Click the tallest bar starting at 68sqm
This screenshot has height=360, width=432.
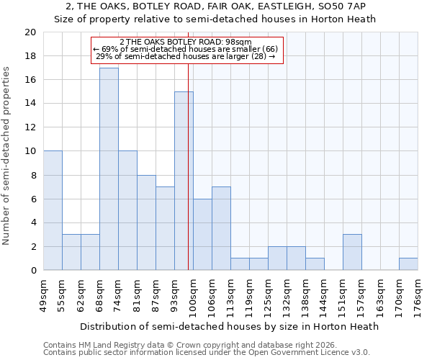point(109,168)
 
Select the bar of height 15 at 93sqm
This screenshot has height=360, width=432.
point(184,181)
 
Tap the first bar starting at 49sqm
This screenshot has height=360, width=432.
point(53,210)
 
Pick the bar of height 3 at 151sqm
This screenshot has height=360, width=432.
point(352,252)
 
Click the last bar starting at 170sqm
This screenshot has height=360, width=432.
point(408,264)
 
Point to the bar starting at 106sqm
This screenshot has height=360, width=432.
point(221,228)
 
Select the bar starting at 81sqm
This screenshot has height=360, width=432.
point(146,222)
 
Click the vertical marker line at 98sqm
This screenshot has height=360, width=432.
point(188,166)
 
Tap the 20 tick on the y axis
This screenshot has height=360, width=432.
point(30,32)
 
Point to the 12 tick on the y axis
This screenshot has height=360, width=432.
point(30,127)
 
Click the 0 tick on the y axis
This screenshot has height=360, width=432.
point(33,270)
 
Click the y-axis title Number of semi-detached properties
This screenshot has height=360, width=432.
point(7,156)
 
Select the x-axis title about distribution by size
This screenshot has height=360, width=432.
point(229,326)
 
